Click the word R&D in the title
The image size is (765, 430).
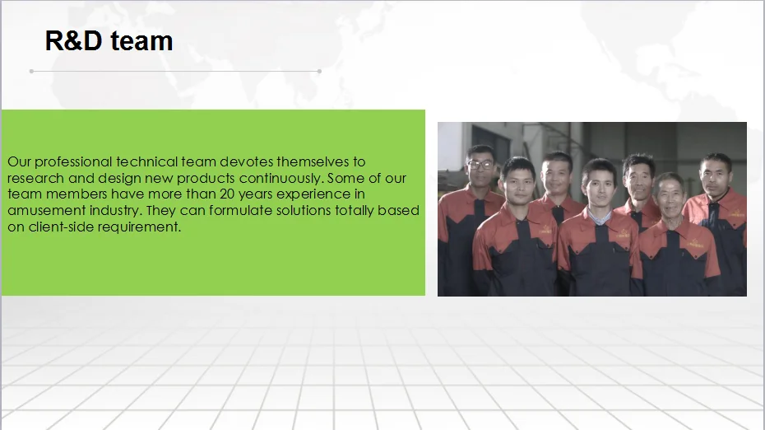click(x=74, y=40)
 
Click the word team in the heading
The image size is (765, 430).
click(x=141, y=41)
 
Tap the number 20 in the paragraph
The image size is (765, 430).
click(x=227, y=194)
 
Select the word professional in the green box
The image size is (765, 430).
click(x=73, y=162)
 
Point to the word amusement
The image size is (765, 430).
click(x=40, y=211)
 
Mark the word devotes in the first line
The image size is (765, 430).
click(x=247, y=161)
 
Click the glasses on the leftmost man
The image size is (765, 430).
click(x=480, y=165)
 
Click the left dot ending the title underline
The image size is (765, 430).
click(x=32, y=72)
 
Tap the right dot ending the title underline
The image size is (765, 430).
click(x=319, y=72)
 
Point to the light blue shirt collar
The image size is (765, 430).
click(x=599, y=217)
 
